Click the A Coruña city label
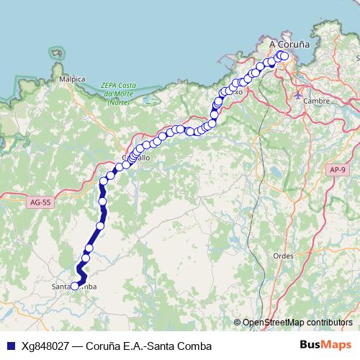289,44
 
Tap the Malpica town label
73,78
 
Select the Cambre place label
317,102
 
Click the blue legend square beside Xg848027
10,346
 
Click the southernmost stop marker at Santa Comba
74,287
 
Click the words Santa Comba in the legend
174,346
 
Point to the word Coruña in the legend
103,346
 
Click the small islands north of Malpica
56,53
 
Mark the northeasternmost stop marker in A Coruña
284,56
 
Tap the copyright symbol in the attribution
238,322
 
